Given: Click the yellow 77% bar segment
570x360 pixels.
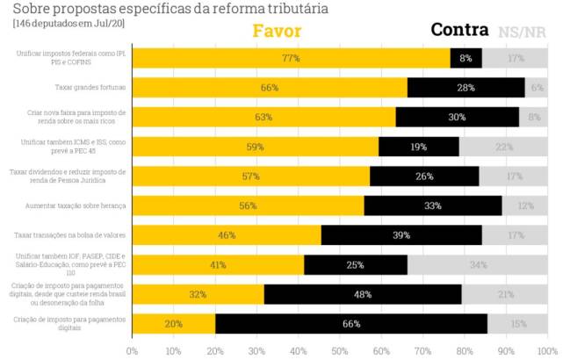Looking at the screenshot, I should [291, 58].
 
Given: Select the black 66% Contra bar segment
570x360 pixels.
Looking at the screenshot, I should [351, 324].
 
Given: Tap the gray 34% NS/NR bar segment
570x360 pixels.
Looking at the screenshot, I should [478, 264].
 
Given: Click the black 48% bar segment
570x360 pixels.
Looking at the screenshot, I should [363, 294].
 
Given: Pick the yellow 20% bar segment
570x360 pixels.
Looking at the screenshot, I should [174, 324].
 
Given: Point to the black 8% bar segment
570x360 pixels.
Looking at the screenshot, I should [465, 58].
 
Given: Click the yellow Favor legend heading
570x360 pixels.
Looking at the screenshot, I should [277, 31].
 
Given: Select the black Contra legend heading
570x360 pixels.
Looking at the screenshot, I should [460, 30].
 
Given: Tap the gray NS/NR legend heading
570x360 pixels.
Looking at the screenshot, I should [523, 32].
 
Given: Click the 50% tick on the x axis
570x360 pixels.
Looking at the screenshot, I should [340, 350].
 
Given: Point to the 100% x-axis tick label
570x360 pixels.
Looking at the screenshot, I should [546, 350].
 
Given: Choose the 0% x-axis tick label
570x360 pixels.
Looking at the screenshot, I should [133, 350].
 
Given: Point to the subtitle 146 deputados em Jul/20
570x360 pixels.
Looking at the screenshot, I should [69, 23].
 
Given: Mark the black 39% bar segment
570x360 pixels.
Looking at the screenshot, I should [401, 235].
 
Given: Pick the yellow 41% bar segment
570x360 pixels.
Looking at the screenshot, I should [218, 264].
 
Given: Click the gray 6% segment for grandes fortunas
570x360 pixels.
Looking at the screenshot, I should [537, 88].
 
